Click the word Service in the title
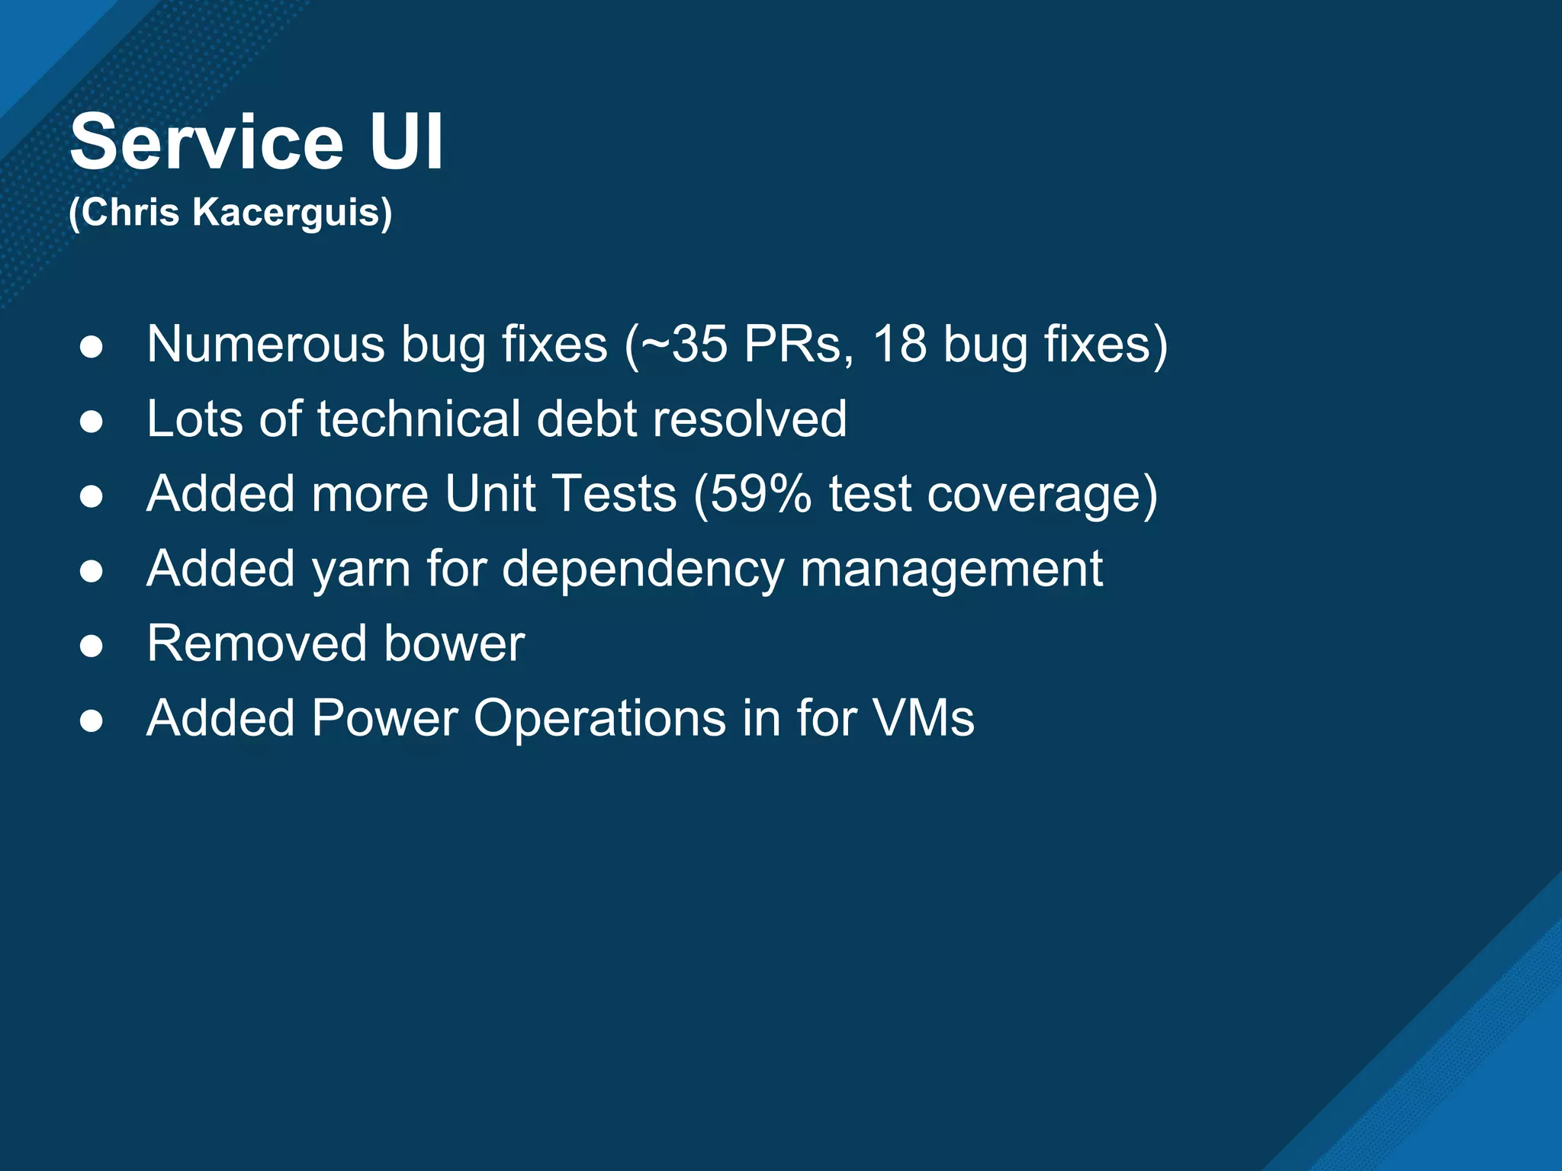207,143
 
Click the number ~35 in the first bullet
683,345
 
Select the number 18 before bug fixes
900,345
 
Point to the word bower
454,643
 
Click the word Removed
256,643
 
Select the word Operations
599,719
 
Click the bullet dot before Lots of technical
92,422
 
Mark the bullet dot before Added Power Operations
92,720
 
